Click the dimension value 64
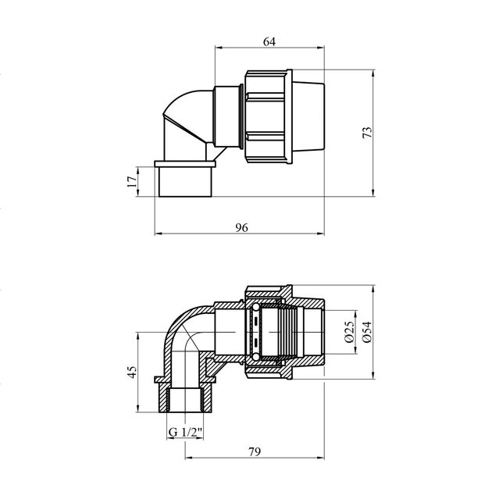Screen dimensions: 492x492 pyautogui.click(x=269, y=41)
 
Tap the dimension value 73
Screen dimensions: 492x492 pyautogui.click(x=367, y=132)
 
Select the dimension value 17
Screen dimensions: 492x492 pyautogui.click(x=132, y=181)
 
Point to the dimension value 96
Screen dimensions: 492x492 pyautogui.click(x=241, y=227)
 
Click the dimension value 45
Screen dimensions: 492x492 pyautogui.click(x=132, y=372)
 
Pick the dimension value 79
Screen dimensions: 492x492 pyautogui.click(x=255, y=452)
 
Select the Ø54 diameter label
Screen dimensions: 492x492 pyautogui.click(x=367, y=332)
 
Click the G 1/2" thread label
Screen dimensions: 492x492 pyautogui.click(x=185, y=433)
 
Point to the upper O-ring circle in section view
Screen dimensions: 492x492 pyautogui.click(x=256, y=306)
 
